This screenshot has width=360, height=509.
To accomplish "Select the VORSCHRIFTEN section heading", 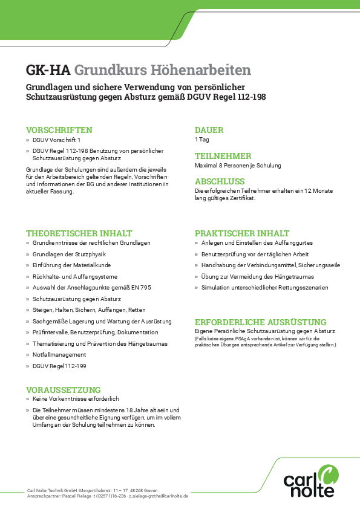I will coord(59,130).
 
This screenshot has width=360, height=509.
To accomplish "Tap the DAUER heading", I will coord(209,130).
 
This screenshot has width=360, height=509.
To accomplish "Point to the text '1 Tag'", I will coord(201,140).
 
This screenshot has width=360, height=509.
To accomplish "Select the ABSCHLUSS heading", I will coord(220,181).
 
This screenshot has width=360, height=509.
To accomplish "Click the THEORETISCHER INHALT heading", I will coord(79,233).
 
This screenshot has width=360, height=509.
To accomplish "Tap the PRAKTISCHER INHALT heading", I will coord(242,233).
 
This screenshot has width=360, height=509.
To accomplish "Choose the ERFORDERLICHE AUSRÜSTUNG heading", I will coord(260,322).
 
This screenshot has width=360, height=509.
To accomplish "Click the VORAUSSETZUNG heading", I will coord(63,390).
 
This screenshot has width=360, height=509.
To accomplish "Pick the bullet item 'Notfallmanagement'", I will coord(59,355).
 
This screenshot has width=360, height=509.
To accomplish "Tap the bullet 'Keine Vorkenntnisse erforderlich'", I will coord(76,400).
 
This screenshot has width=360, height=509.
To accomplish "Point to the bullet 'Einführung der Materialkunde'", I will coord(71,265).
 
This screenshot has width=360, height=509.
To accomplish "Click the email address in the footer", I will coord(159,495).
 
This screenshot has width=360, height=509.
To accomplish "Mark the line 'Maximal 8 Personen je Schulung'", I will coord(238,165).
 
